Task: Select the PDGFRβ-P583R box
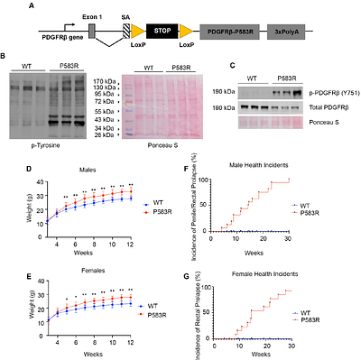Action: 228,30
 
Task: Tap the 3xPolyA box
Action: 288,30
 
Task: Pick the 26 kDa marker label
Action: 103,136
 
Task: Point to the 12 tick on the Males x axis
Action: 133,245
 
